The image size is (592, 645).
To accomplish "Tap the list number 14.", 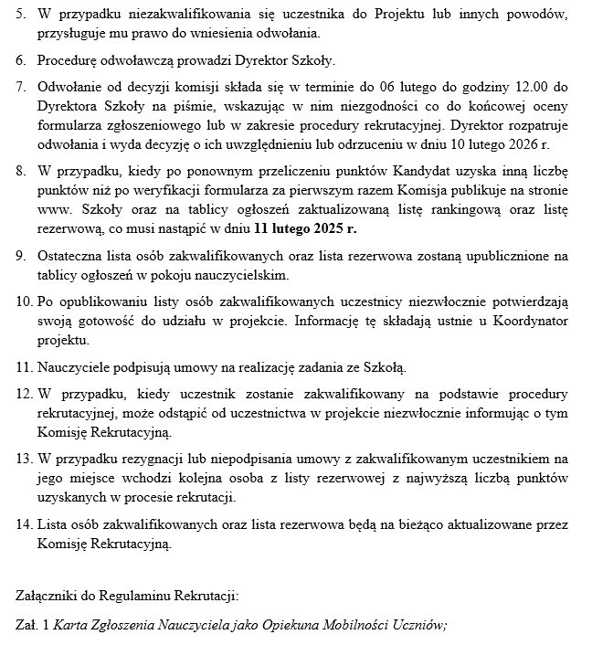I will (24, 526).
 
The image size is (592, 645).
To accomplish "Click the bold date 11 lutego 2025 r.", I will (306, 228).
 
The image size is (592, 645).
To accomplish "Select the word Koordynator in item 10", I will (534, 322).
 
